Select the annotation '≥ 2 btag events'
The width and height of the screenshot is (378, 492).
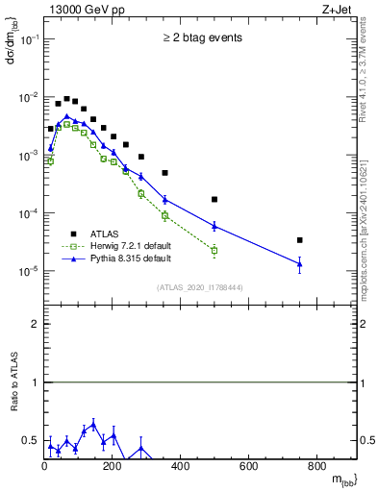point(202,38)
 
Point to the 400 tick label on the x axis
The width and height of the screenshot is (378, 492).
point(180,468)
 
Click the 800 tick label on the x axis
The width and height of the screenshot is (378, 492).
point(316,468)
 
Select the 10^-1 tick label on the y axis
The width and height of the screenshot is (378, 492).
point(29,39)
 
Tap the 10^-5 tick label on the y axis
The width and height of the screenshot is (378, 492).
point(29,271)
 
